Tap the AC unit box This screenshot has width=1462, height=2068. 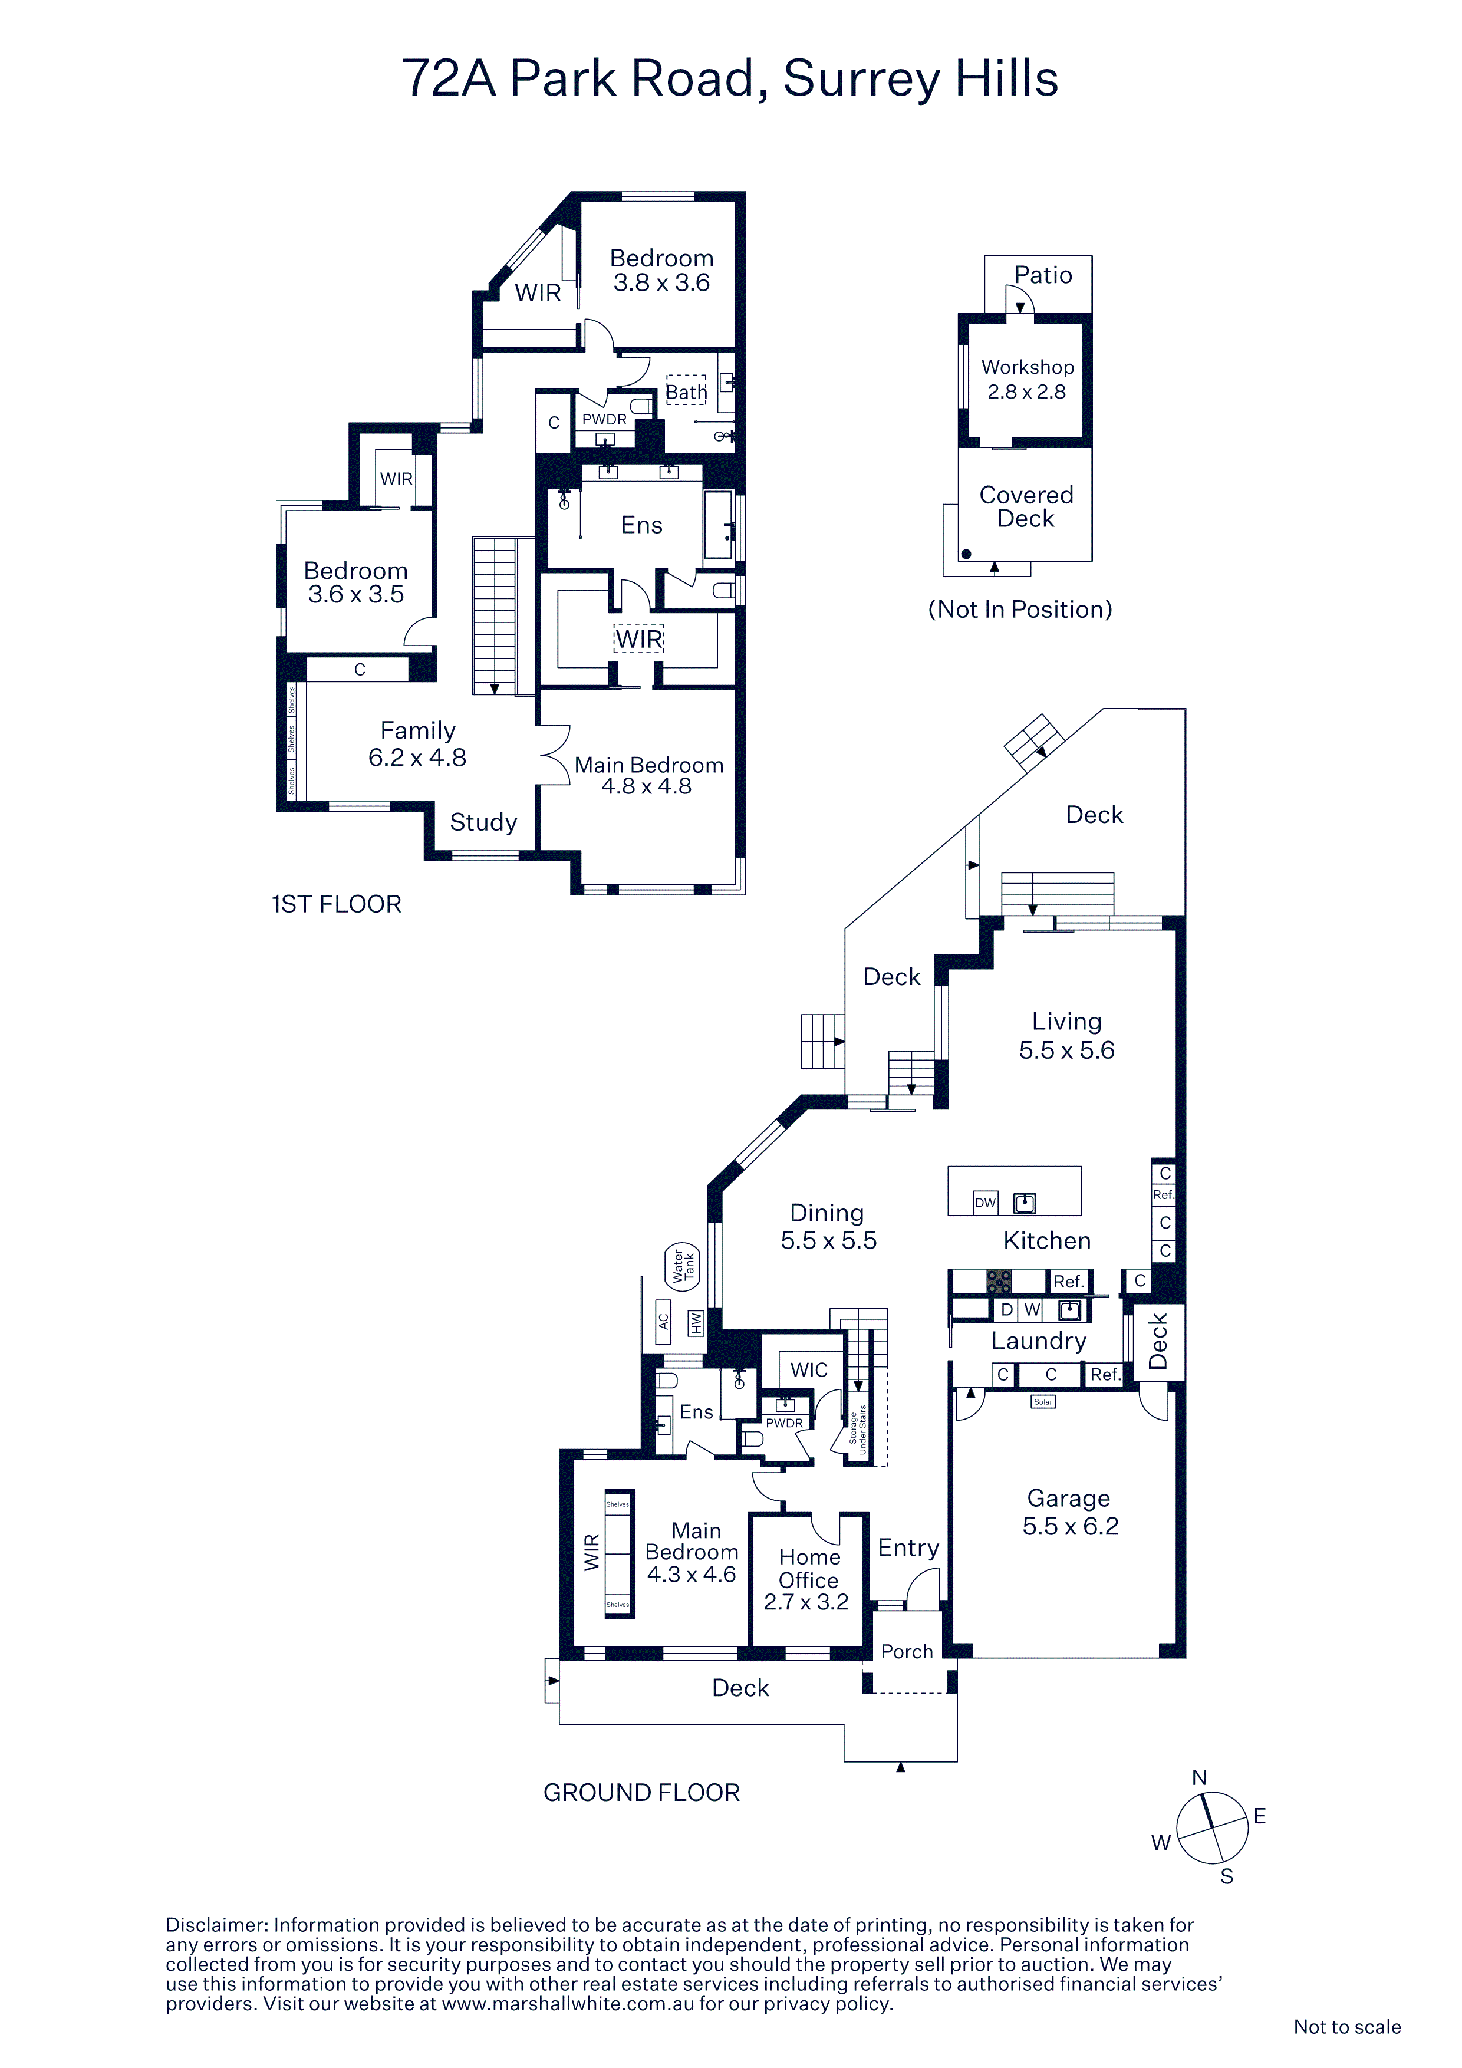663,1321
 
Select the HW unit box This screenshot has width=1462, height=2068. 696,1322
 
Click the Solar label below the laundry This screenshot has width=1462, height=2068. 1043,1401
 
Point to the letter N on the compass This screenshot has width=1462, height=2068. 1199,1777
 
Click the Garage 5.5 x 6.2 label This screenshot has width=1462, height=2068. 1070,1512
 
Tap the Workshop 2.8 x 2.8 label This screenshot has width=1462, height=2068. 1027,379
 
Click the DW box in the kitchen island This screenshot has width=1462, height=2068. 986,1203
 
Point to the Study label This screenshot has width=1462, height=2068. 484,822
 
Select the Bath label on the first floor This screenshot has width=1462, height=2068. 686,392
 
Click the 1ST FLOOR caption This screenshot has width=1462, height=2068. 337,904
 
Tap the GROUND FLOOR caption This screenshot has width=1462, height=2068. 641,1792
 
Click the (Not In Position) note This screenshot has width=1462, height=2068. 1020,610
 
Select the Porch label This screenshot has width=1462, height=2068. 907,1651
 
